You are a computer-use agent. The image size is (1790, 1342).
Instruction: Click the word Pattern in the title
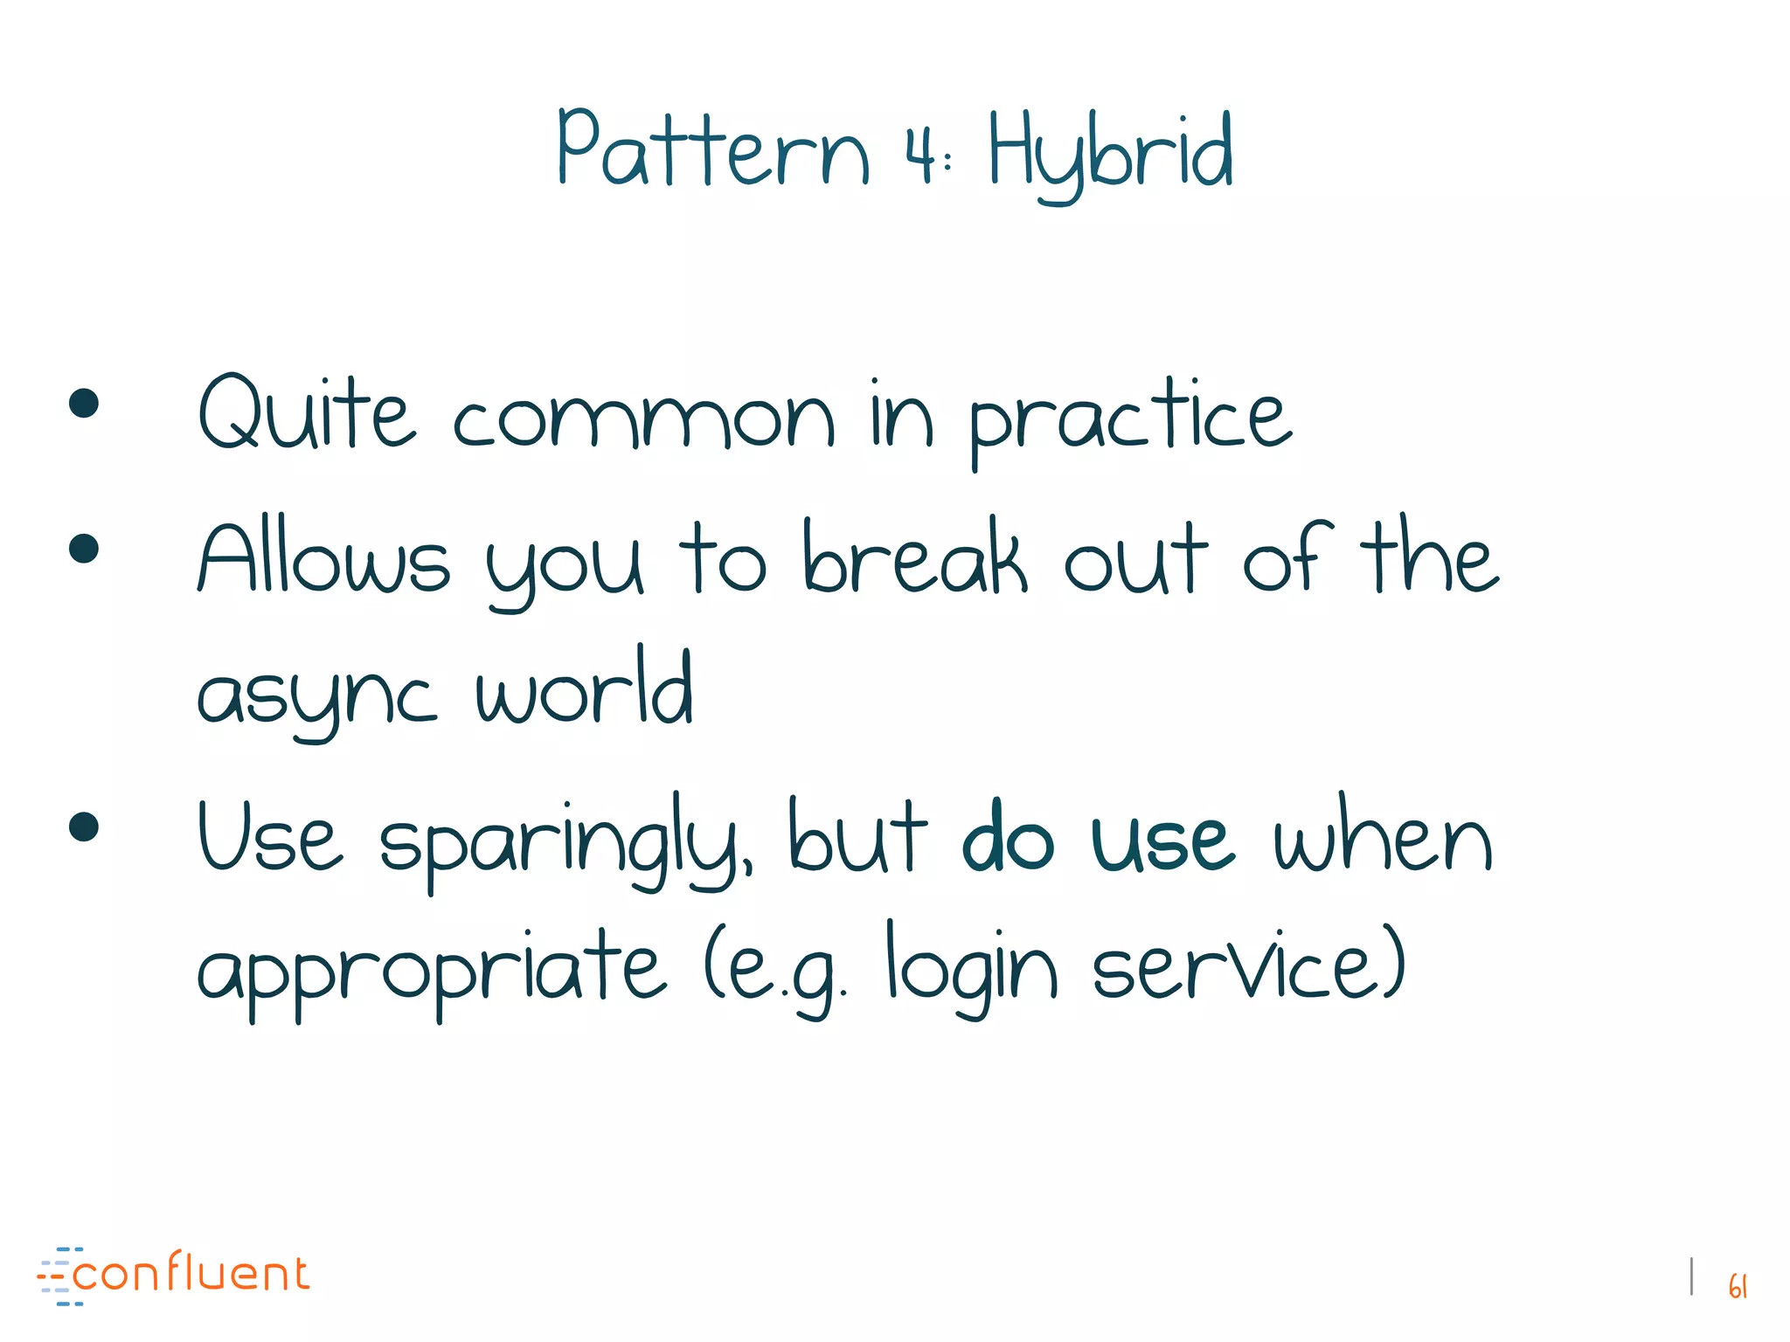point(713,150)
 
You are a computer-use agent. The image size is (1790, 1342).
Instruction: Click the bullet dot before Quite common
point(84,404)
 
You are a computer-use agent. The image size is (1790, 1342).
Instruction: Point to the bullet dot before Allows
point(84,549)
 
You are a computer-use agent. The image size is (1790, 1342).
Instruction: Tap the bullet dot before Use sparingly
point(84,827)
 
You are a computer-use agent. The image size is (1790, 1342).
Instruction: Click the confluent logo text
point(191,1274)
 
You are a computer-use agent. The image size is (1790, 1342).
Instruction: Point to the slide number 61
point(1738,1286)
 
